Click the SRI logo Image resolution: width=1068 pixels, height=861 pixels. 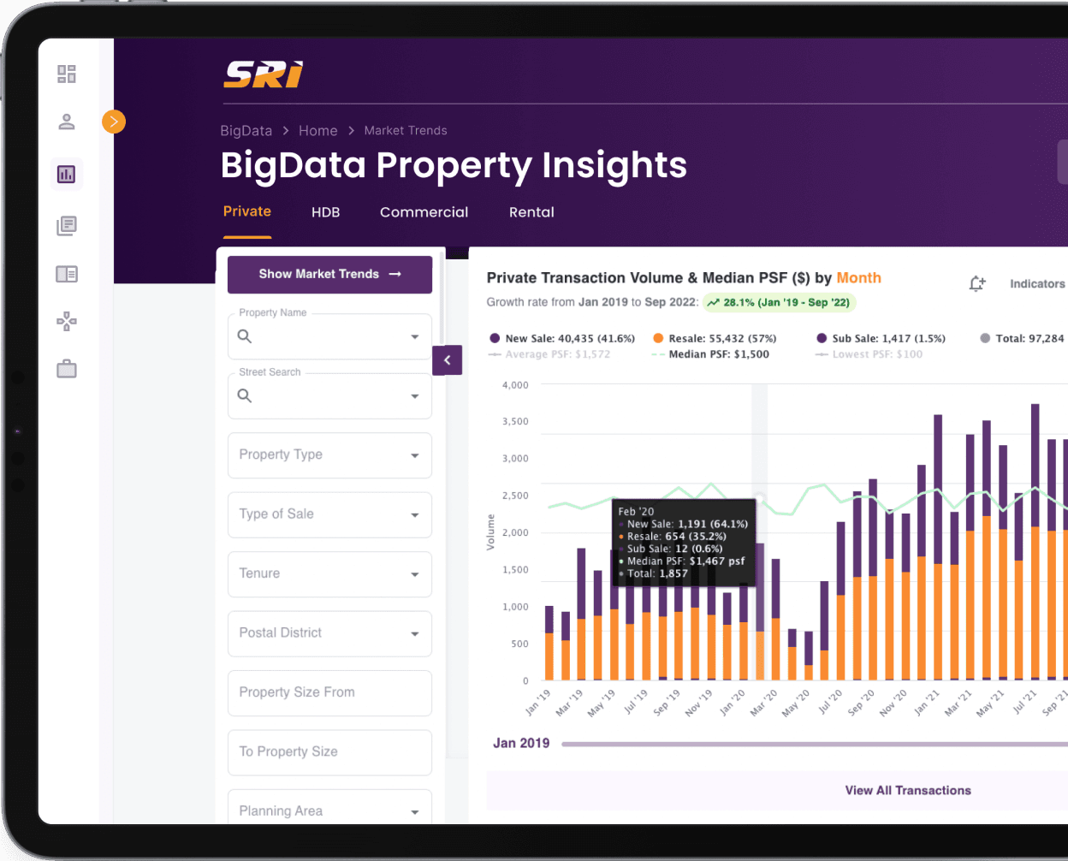tap(263, 74)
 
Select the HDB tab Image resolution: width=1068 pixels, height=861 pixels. tap(325, 212)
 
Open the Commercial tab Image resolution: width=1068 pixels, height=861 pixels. tap(424, 212)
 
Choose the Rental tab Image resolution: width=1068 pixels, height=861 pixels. tap(531, 212)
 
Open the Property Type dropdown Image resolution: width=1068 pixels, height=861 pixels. tap(329, 455)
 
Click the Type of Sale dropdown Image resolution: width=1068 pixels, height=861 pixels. tap(329, 514)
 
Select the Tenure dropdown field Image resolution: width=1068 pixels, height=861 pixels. tap(329, 574)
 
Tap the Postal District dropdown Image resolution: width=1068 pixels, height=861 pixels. tap(329, 633)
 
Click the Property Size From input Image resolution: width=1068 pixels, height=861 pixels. tap(329, 692)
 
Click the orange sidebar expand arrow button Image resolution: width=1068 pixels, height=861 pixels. tap(114, 122)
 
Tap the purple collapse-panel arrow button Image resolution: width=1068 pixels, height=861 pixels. tap(447, 360)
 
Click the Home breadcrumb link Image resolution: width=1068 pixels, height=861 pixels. tap(317, 131)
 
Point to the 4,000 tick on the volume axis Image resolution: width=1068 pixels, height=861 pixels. tap(515, 385)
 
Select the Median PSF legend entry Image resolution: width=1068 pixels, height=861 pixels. tap(717, 354)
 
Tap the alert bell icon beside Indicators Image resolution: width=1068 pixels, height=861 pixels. tap(976, 284)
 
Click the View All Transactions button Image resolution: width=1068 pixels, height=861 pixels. tap(907, 791)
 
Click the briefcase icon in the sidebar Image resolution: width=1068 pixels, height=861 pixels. tap(67, 370)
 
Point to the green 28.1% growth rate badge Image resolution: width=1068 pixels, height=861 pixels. tap(779, 302)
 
